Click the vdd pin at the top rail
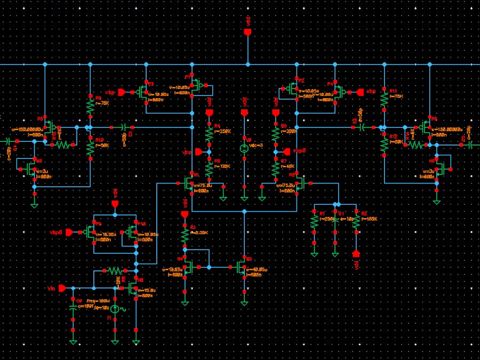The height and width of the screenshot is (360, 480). coord(247,33)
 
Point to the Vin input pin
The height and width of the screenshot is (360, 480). coord(62,288)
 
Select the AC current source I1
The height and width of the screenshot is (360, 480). coord(115,309)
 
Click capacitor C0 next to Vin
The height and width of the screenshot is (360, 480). coord(73,308)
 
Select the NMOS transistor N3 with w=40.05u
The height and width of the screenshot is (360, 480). coord(242,267)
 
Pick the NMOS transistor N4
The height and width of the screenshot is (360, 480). coord(187,267)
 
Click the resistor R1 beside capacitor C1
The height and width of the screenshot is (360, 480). coord(314,223)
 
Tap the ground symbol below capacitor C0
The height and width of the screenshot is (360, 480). coord(73,340)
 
